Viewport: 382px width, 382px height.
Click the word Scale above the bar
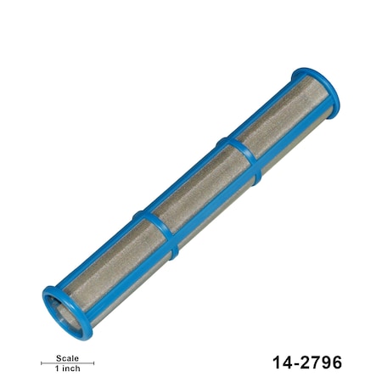(x=67, y=357)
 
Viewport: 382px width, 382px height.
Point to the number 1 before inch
(x=58, y=369)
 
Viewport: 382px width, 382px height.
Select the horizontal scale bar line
(x=67, y=363)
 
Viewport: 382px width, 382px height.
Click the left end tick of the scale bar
(x=42, y=363)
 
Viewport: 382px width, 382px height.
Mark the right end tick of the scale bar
(x=93, y=363)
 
